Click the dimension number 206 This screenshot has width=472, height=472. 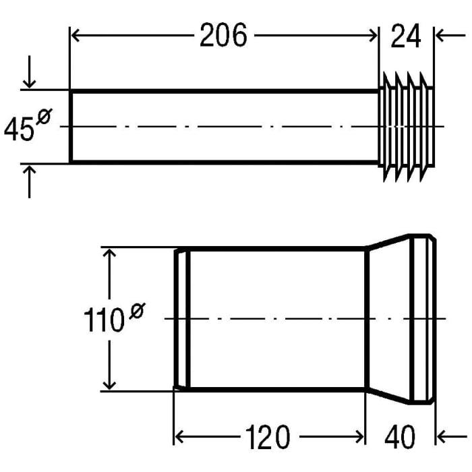223,36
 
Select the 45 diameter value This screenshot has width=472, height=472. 19,129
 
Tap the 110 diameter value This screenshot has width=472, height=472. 103,322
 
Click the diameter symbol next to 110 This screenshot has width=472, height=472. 136,311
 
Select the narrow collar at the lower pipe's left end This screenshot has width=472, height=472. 181,319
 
